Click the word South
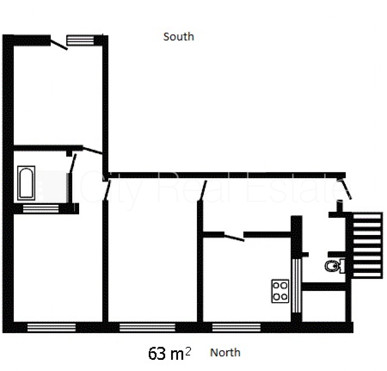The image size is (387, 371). [178, 37]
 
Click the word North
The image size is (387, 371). [225, 352]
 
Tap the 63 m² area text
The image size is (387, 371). [169, 353]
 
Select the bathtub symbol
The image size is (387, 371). [26, 183]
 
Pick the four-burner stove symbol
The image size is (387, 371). [280, 291]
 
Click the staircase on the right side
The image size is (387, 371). [367, 245]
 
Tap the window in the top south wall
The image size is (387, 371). [80, 40]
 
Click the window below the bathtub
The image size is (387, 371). [41, 209]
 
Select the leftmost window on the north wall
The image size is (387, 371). [52, 327]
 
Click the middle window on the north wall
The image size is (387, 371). [148, 327]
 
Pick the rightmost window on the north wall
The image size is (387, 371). [237, 327]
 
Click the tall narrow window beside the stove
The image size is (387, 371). [296, 286]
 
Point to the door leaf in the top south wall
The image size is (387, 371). [59, 45]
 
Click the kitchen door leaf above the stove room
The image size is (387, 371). [234, 237]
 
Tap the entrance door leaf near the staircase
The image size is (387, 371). [347, 188]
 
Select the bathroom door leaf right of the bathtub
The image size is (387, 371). [73, 163]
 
